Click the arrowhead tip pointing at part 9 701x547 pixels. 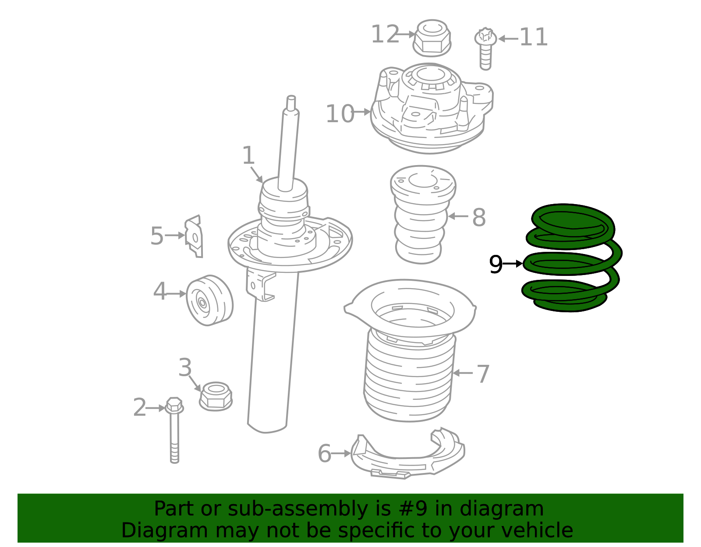pyautogui.click(x=523, y=264)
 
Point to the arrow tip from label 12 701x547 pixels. pyautogui.click(x=416, y=34)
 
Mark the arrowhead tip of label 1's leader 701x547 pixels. pyautogui.click(x=263, y=183)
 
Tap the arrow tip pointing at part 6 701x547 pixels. pyautogui.click(x=351, y=454)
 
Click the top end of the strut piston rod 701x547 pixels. pyautogui.click(x=291, y=97)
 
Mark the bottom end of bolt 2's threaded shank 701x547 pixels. pyautogui.click(x=174, y=462)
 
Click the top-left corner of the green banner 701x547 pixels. pyautogui.click(x=18, y=494)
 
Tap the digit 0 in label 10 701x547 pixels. pyautogui.click(x=347, y=114)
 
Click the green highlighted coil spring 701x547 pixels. pyautogui.click(x=571, y=258)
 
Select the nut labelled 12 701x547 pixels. pyautogui.click(x=432, y=38)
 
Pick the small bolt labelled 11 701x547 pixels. pyautogui.click(x=485, y=49)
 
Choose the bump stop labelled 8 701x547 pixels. pyautogui.click(x=423, y=214)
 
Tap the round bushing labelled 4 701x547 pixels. pyautogui.click(x=210, y=300)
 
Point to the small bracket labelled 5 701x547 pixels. pyautogui.click(x=194, y=236)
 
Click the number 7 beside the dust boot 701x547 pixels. pyautogui.click(x=483, y=374)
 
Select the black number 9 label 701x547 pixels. pyautogui.click(x=496, y=265)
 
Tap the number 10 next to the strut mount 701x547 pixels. pyautogui.click(x=340, y=114)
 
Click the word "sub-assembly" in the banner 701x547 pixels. pyautogui.click(x=297, y=509)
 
